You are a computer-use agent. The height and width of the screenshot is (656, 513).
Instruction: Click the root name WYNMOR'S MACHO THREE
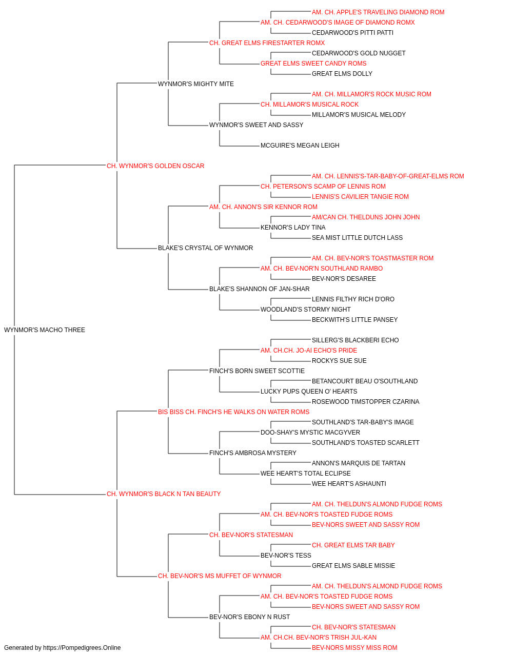click(45, 330)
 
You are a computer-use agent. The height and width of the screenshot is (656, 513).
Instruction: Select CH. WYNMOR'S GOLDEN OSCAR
click(155, 166)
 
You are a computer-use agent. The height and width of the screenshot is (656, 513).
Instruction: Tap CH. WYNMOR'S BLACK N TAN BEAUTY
click(164, 494)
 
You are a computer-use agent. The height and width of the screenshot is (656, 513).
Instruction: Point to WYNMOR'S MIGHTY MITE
click(196, 84)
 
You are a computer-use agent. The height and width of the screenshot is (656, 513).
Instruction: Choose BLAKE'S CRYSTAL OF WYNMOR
click(205, 248)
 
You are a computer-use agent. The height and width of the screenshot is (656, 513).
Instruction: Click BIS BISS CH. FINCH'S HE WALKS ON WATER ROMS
click(233, 412)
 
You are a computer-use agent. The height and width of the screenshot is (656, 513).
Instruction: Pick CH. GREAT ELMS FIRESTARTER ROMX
click(267, 43)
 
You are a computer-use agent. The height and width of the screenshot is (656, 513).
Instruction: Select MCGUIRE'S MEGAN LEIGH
click(300, 146)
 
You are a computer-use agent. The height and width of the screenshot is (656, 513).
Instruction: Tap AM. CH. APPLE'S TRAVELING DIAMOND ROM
click(378, 12)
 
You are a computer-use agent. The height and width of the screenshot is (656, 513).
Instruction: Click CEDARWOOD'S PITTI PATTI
click(352, 33)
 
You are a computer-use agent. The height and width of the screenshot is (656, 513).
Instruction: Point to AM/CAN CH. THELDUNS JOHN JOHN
click(366, 217)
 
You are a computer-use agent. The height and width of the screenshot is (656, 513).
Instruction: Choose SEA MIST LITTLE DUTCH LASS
click(357, 238)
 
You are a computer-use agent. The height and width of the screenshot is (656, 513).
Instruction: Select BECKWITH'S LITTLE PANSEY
click(354, 320)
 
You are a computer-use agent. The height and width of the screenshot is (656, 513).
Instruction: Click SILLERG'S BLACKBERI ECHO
click(356, 340)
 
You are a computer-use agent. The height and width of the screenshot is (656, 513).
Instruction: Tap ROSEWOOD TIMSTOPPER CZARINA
click(366, 402)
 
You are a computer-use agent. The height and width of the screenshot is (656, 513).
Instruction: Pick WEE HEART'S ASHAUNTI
click(349, 484)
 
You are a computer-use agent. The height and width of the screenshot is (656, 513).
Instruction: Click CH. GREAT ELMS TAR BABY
click(353, 545)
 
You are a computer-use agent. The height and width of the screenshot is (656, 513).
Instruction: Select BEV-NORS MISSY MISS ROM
click(354, 648)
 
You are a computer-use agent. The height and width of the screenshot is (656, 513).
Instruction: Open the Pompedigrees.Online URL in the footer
click(82, 648)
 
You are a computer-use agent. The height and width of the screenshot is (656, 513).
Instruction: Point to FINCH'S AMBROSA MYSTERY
click(253, 453)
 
